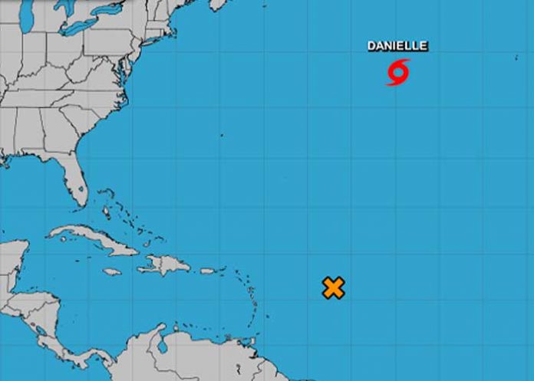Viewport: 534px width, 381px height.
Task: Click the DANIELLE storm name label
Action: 397,46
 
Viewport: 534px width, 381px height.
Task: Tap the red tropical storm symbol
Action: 397,73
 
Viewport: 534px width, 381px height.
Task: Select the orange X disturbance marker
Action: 333,287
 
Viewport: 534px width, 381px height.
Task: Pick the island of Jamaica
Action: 112,271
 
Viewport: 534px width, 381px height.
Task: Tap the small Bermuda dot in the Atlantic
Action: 221,135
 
